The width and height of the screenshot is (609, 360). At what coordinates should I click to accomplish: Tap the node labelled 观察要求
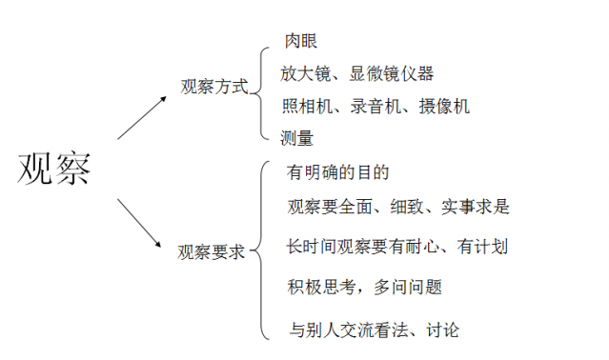tap(212, 252)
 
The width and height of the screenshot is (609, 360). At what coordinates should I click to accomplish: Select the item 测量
tap(297, 138)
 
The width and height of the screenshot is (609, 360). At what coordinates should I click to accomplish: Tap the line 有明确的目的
tap(338, 173)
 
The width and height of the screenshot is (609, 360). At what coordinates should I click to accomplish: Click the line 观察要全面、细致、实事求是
tap(399, 206)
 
